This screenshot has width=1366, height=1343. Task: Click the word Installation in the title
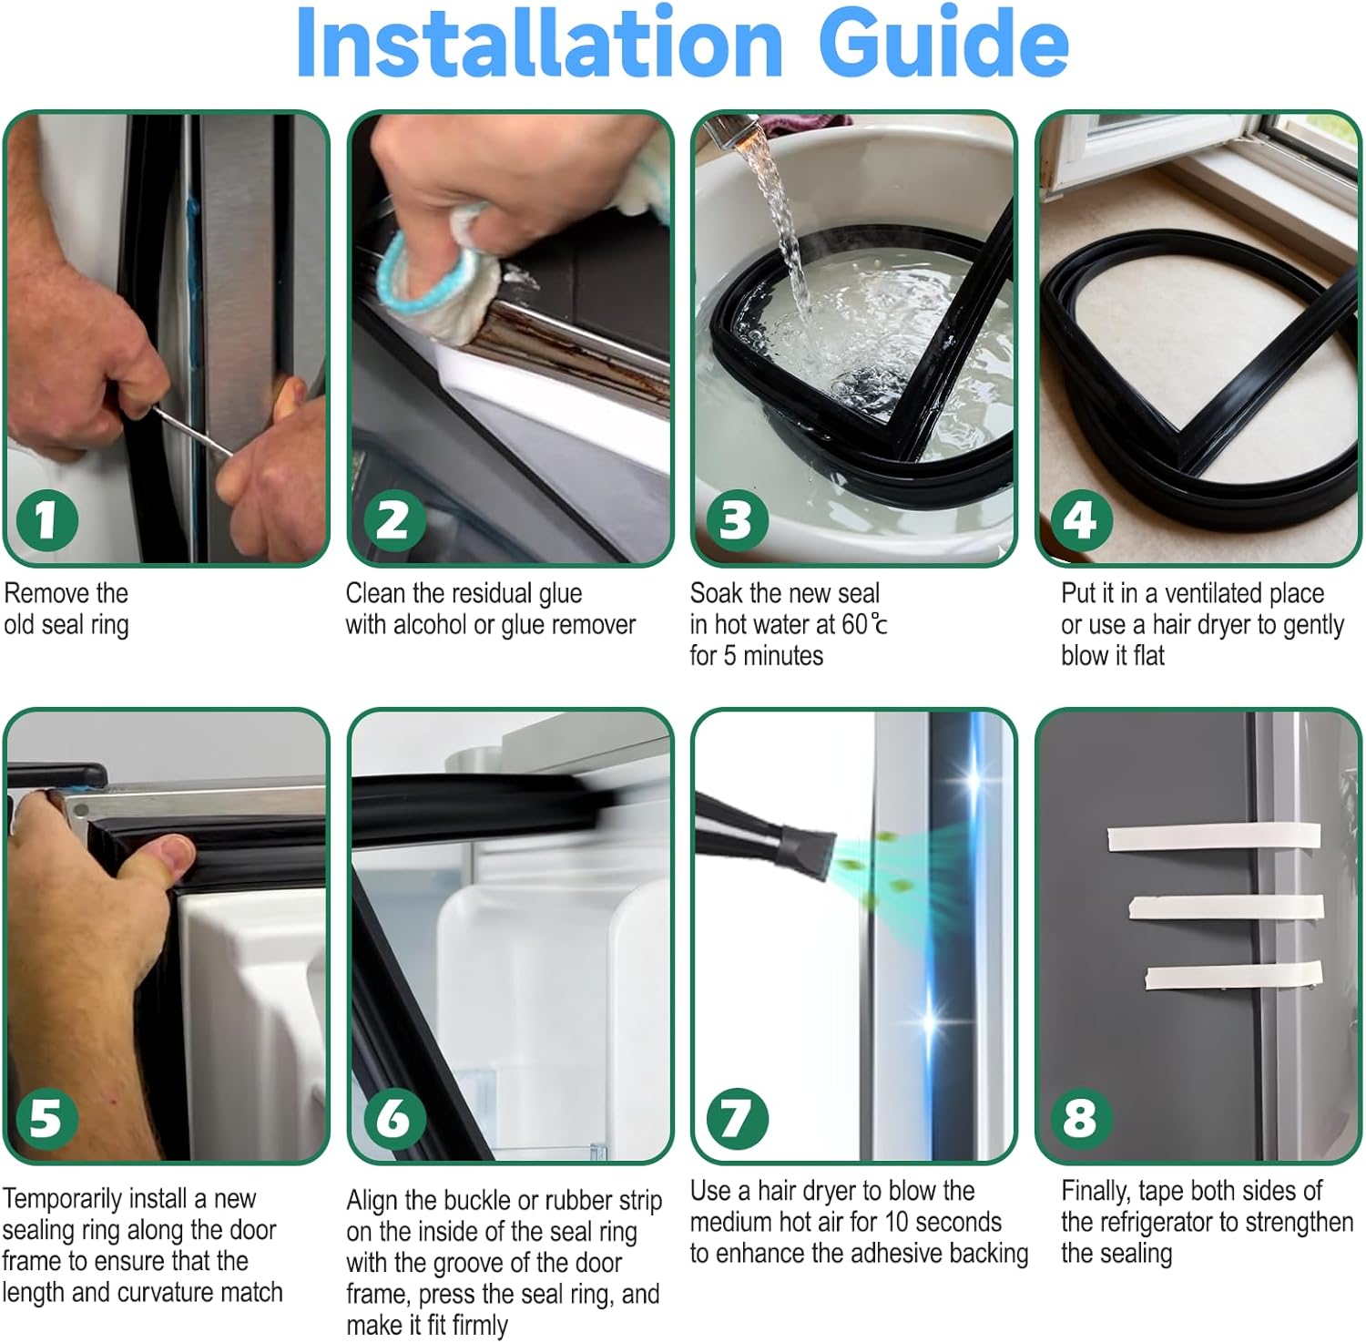click(x=539, y=43)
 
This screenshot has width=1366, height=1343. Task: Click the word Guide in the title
click(x=943, y=43)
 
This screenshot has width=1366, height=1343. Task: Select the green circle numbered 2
click(x=393, y=520)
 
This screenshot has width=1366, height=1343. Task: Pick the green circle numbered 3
click(x=737, y=520)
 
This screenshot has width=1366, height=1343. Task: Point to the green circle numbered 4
click(x=1081, y=520)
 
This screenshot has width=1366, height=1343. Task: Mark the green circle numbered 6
click(x=393, y=1118)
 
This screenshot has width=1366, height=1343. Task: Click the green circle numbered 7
click(x=737, y=1118)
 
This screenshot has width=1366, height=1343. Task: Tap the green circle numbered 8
click(x=1081, y=1118)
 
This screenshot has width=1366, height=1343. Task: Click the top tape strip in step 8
click(x=1214, y=836)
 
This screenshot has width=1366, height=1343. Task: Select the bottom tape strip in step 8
click(x=1234, y=976)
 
